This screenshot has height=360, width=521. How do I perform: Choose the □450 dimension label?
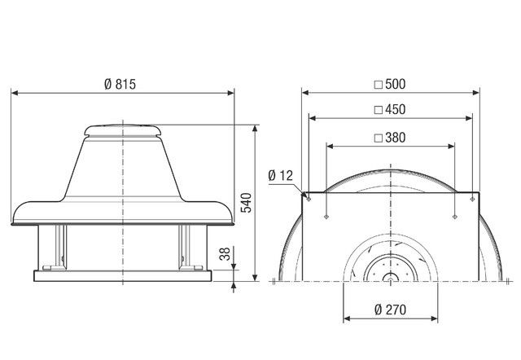pos(389,109)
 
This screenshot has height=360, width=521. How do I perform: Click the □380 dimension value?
pos(389,138)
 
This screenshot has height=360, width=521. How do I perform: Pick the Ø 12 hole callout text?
pos(282,174)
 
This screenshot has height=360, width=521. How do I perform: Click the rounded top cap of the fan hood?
pos(122,129)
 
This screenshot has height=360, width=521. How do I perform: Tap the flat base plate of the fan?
pos(122,275)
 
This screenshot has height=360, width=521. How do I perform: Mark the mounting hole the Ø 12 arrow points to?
pos(309,197)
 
